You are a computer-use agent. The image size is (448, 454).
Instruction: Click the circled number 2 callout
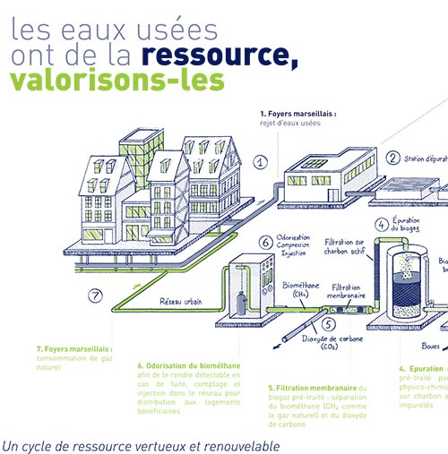(x=393, y=158)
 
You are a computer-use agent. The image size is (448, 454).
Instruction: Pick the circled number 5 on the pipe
(x=329, y=324)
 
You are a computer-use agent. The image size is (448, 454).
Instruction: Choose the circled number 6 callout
(x=265, y=242)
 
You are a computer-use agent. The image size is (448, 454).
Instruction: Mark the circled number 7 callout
(x=95, y=296)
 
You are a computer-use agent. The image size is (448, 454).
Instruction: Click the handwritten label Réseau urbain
(x=184, y=302)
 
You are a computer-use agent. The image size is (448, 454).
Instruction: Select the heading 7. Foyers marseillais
(x=74, y=350)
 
